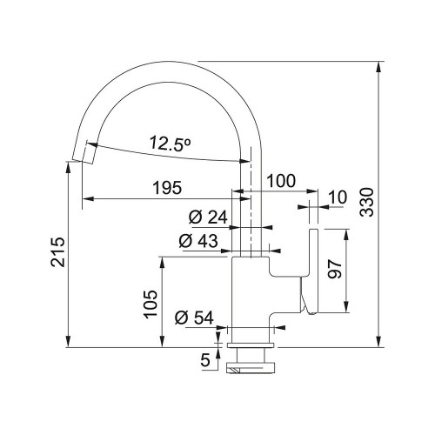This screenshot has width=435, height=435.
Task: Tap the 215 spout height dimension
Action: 57,252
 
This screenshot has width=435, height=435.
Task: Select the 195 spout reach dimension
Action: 167,188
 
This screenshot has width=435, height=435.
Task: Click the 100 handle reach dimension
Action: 281,181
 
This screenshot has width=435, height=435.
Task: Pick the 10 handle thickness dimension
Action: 338,197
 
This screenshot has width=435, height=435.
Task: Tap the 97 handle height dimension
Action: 335,269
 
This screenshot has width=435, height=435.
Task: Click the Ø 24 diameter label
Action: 208,217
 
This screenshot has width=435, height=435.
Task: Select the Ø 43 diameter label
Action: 198,241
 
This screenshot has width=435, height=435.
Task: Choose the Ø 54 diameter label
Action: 194,318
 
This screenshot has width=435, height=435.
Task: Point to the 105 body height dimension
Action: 151,304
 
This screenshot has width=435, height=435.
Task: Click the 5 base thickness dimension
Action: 205,360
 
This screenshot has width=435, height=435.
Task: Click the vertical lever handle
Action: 312,271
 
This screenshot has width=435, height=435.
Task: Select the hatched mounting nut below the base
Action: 250,367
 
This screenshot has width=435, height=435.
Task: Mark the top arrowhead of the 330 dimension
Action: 378,67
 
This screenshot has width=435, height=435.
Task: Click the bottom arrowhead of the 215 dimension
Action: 68,342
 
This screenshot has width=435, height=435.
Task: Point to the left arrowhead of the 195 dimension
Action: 88,198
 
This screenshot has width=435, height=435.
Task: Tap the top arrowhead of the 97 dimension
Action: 345,235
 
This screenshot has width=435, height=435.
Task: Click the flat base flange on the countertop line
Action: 251,345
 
